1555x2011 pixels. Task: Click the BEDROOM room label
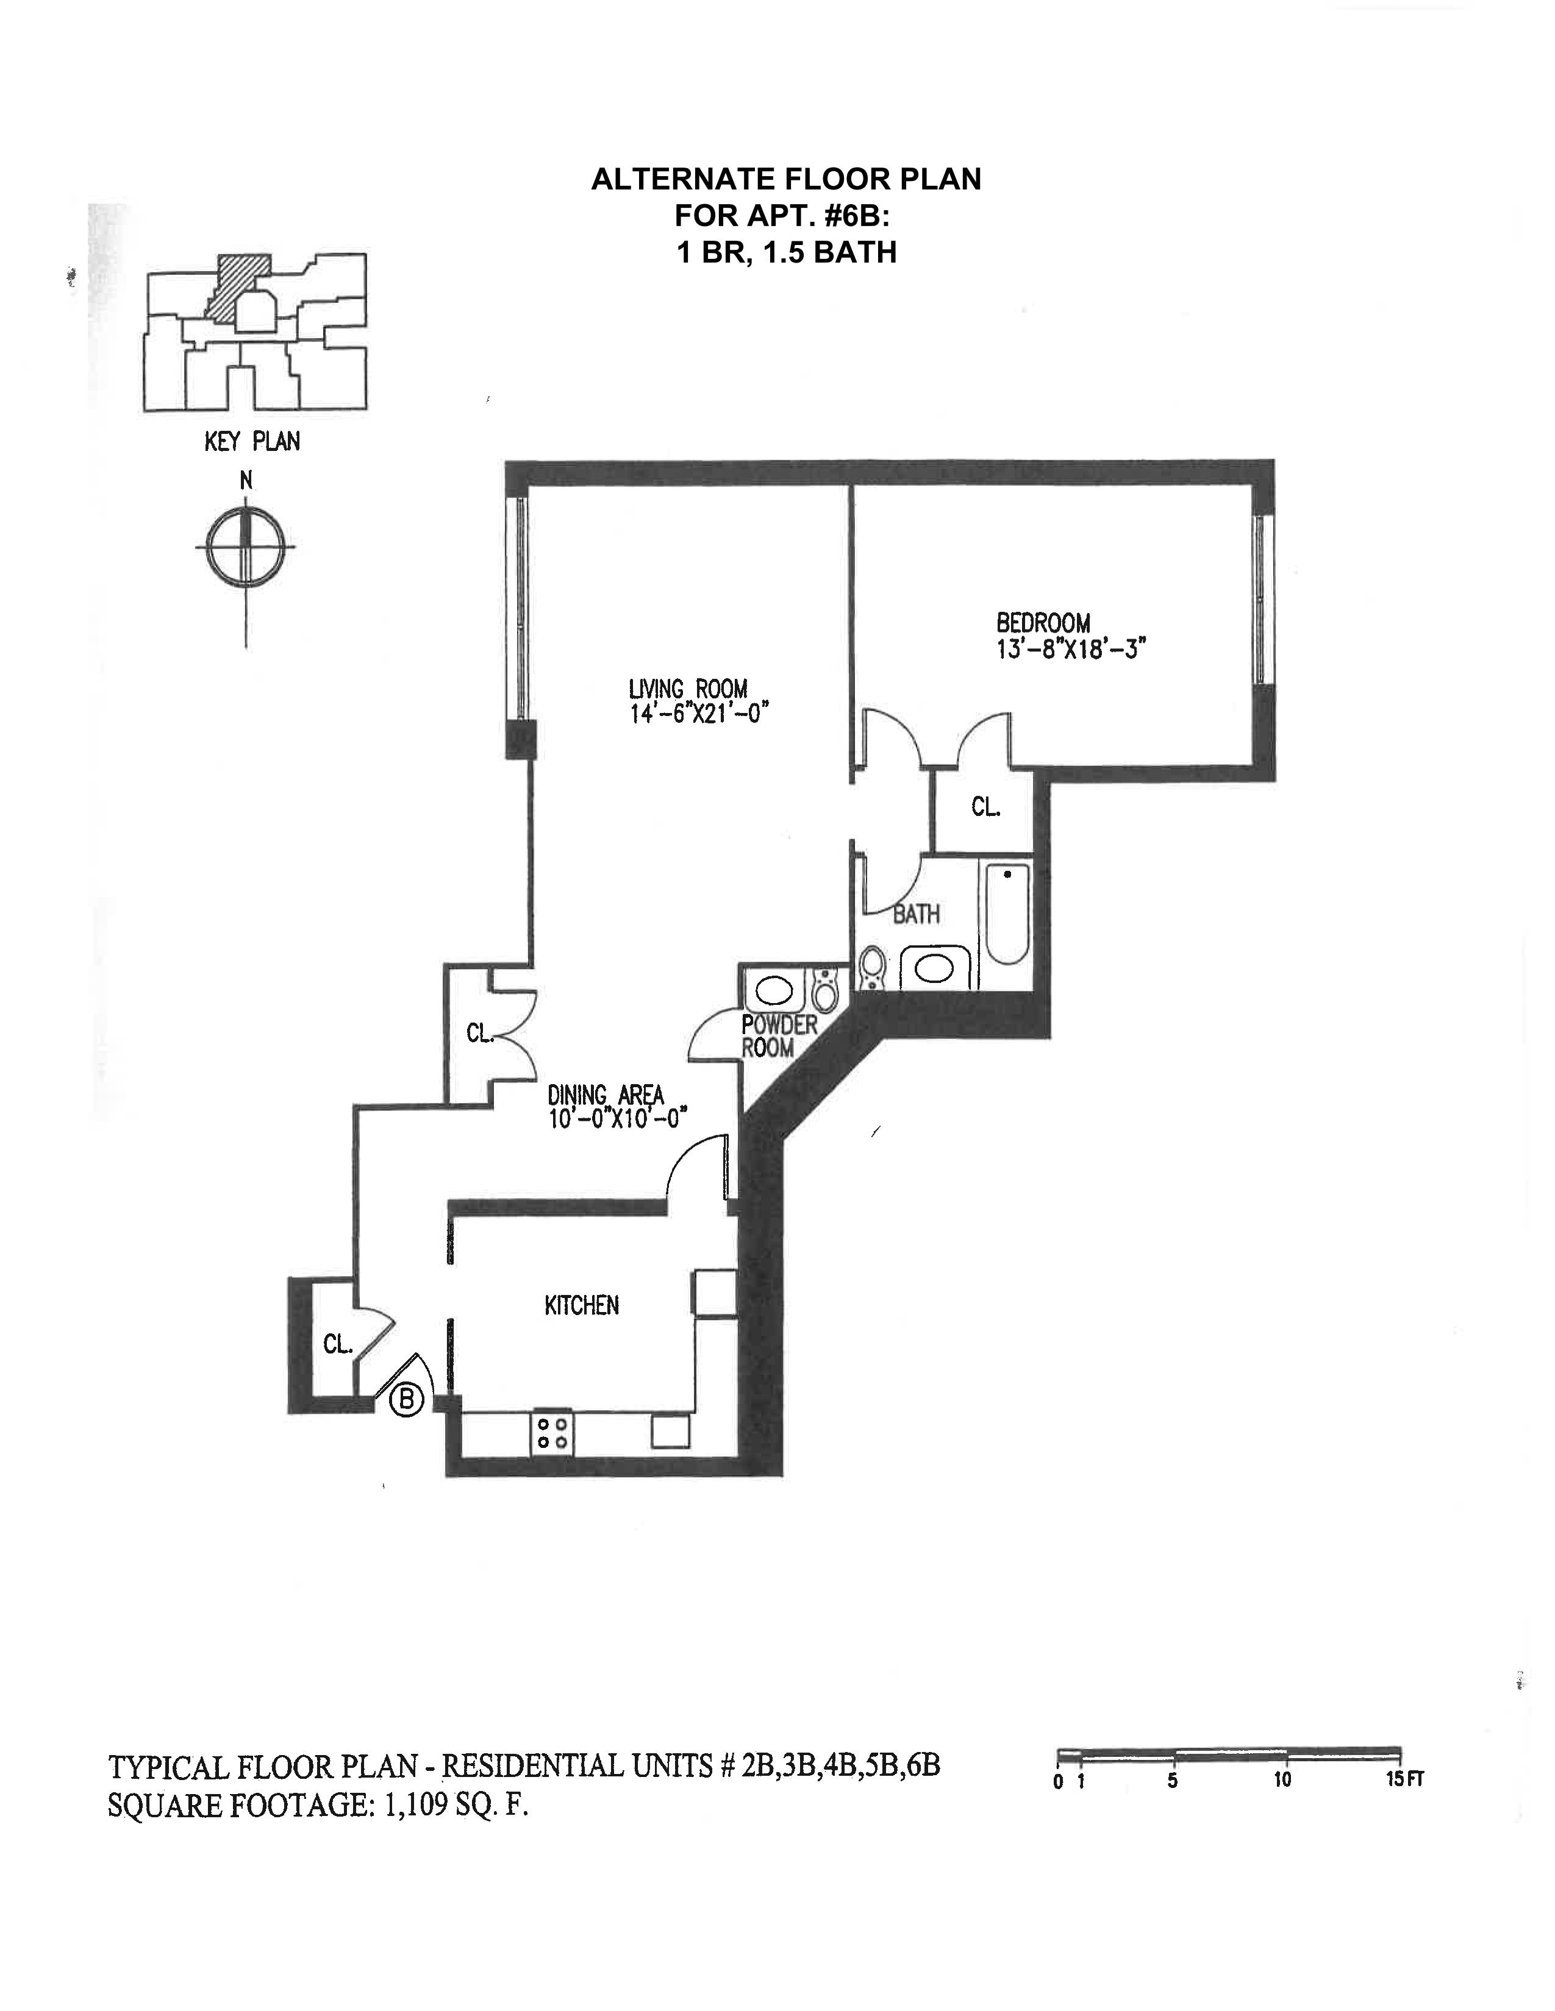(1043, 623)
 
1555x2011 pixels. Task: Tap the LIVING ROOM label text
(687, 689)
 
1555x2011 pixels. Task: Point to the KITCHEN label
(581, 1305)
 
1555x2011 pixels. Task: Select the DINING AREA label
(606, 1095)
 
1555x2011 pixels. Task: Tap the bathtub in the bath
(1006, 913)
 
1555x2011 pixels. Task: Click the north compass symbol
(246, 546)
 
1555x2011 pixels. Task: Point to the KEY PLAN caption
(251, 442)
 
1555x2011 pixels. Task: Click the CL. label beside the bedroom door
(985, 807)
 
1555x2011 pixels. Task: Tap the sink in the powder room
(774, 991)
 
